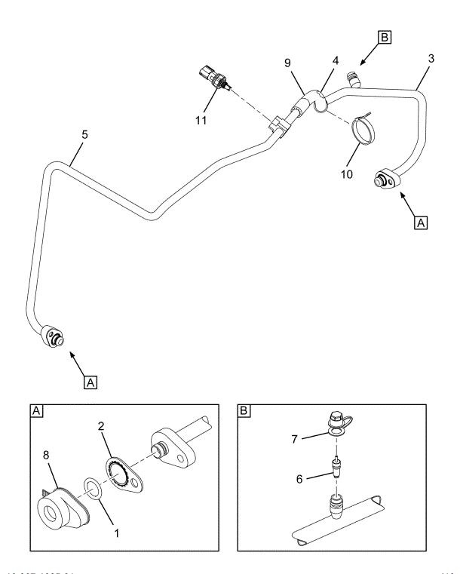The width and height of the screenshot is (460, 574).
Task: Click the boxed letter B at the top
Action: (385, 35)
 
